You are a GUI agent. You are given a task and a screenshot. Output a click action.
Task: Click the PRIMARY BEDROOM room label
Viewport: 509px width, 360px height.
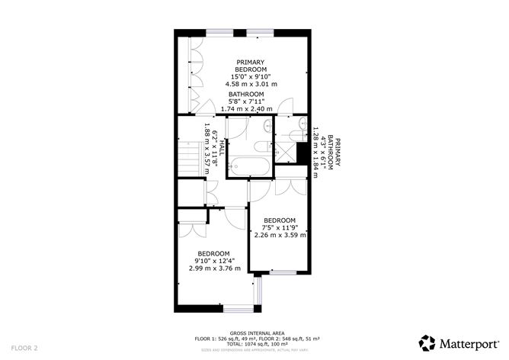249,66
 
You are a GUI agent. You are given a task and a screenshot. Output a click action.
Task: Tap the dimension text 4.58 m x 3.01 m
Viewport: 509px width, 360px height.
249,83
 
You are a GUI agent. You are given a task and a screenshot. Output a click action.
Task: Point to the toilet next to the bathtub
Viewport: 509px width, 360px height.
259,146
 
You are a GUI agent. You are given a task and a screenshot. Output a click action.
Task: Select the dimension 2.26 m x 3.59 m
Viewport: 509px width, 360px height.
280,236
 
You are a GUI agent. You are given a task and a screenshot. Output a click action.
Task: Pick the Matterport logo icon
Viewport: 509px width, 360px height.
427,341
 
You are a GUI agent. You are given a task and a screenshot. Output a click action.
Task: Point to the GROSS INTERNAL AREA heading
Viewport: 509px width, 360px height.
247,333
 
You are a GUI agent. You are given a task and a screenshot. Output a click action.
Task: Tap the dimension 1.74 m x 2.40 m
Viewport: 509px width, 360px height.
246,109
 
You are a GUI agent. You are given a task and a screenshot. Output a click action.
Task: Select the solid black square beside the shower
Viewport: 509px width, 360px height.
303,153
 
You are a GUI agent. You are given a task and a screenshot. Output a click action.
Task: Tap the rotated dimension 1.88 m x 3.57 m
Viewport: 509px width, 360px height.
206,150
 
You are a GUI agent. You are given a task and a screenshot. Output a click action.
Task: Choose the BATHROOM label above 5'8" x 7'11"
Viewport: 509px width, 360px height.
247,95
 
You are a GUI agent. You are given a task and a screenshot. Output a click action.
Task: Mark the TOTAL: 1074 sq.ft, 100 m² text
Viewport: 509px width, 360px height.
247,346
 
